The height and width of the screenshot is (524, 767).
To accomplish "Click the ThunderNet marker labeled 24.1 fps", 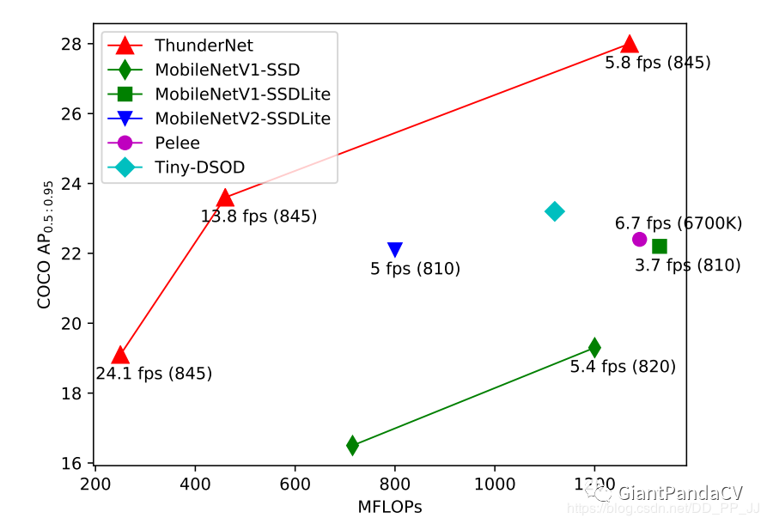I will coord(120,356).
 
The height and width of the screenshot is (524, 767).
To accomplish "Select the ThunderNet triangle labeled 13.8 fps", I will coord(225,198).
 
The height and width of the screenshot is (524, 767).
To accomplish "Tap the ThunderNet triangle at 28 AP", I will coord(630,44).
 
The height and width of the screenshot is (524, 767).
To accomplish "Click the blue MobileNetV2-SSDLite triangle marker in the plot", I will coord(395,250).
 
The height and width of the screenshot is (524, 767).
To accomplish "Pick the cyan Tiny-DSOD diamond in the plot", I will coord(555,211).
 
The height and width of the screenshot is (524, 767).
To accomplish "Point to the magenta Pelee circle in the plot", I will coord(639,239).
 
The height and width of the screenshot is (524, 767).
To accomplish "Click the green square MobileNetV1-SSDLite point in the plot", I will coord(659,247).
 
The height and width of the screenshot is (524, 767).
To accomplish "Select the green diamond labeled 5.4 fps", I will coord(594,347).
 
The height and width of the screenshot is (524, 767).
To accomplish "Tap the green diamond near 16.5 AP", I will coord(352,445).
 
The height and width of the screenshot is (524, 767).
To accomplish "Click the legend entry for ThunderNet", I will coord(204,46).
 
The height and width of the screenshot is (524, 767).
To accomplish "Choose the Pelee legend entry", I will coord(177,143).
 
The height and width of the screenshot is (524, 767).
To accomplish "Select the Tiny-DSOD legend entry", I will coord(188,168).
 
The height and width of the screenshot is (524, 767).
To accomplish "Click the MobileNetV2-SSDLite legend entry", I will coord(242,119).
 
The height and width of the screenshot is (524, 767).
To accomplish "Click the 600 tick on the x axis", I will coord(295,482).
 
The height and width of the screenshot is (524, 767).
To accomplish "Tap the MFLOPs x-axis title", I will coord(390,507).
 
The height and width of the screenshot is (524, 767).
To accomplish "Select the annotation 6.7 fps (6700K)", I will coord(678,223).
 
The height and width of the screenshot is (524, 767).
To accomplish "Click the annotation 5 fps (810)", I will coord(415,269).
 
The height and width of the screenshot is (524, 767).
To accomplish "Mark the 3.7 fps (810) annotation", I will coord(687,265).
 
